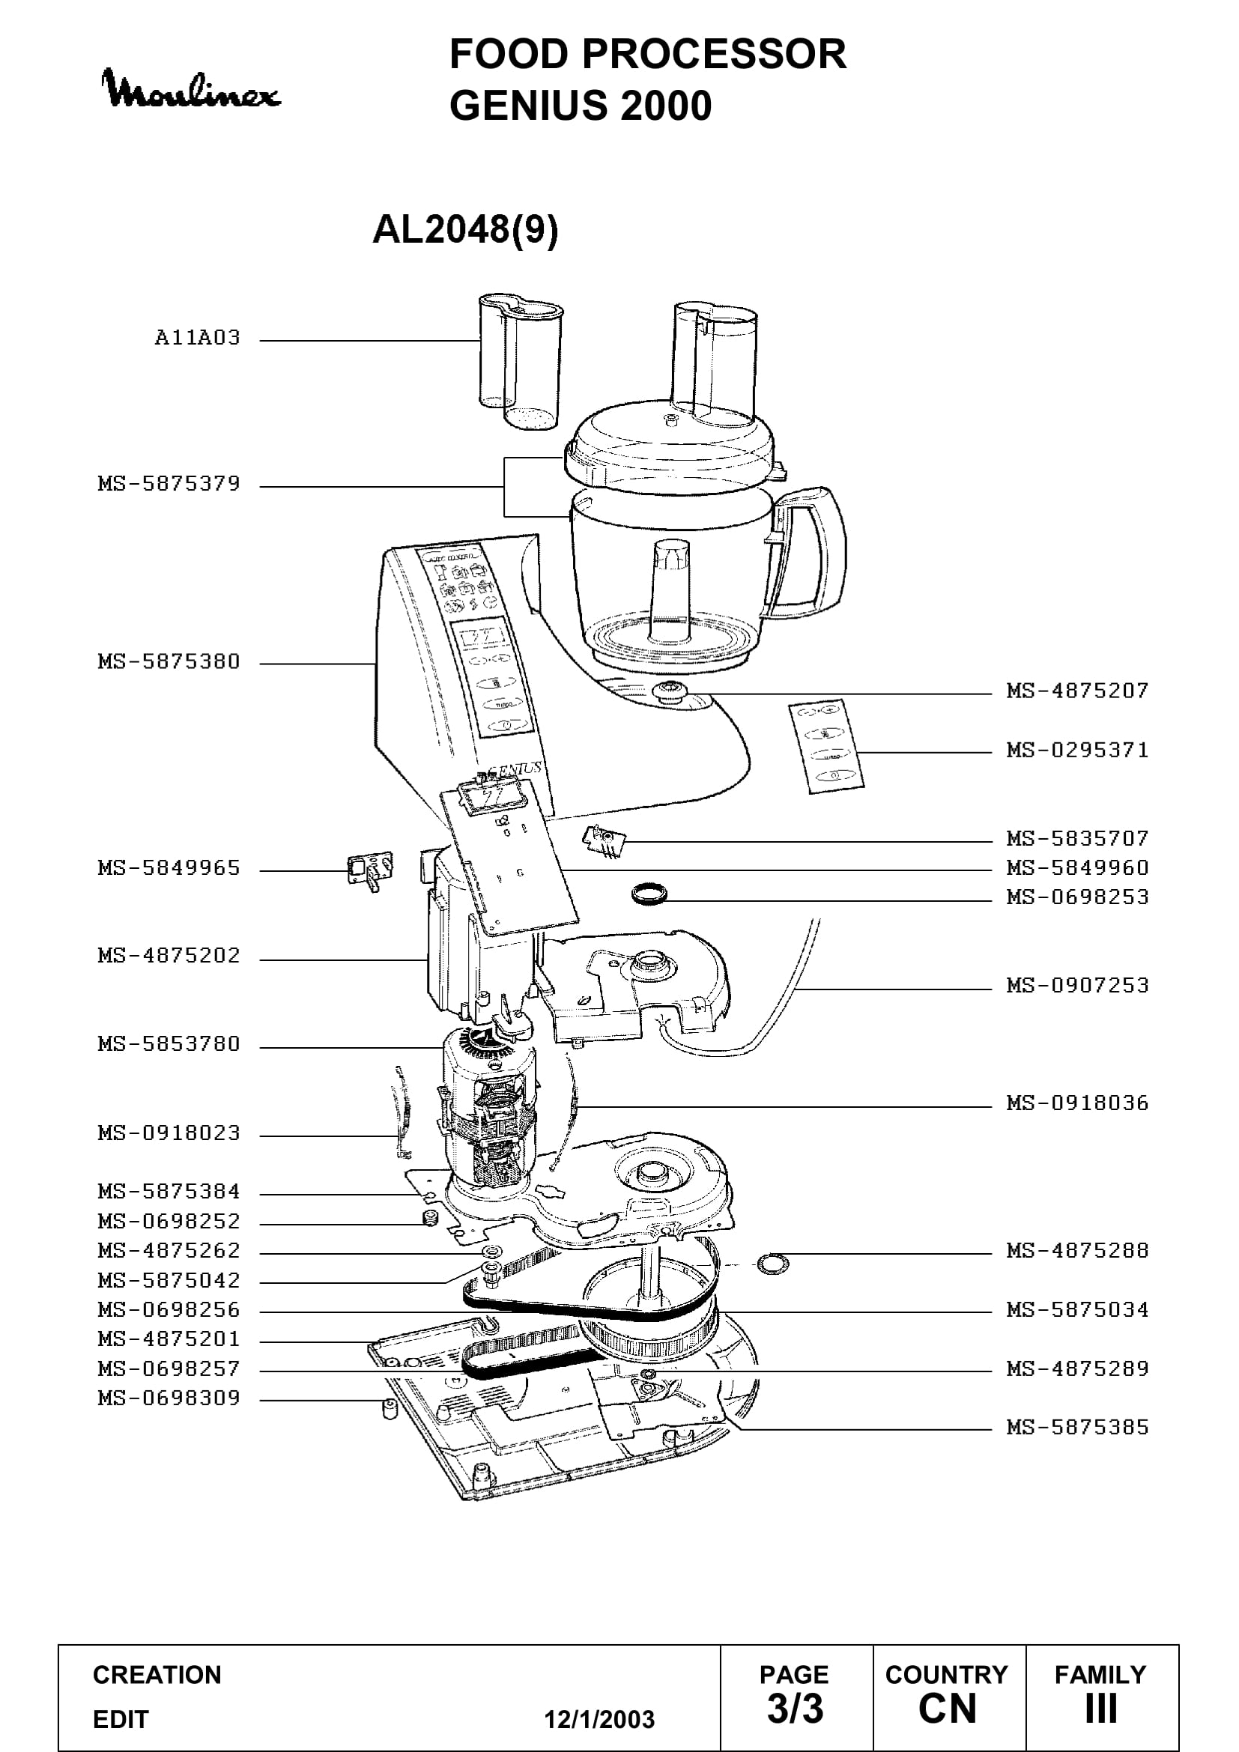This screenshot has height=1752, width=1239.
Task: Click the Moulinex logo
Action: (x=191, y=88)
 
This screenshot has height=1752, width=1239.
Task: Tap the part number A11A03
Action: (x=198, y=337)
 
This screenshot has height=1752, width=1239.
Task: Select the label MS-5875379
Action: (x=169, y=484)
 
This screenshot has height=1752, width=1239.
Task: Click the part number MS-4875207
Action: (x=1077, y=691)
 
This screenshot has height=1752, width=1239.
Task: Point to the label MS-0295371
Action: (x=1077, y=750)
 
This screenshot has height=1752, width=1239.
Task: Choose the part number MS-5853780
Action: (x=169, y=1043)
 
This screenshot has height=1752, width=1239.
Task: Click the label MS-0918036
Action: (x=1077, y=1103)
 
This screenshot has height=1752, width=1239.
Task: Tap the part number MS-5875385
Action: (x=1077, y=1426)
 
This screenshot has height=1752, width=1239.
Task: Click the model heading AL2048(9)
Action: (x=465, y=229)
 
